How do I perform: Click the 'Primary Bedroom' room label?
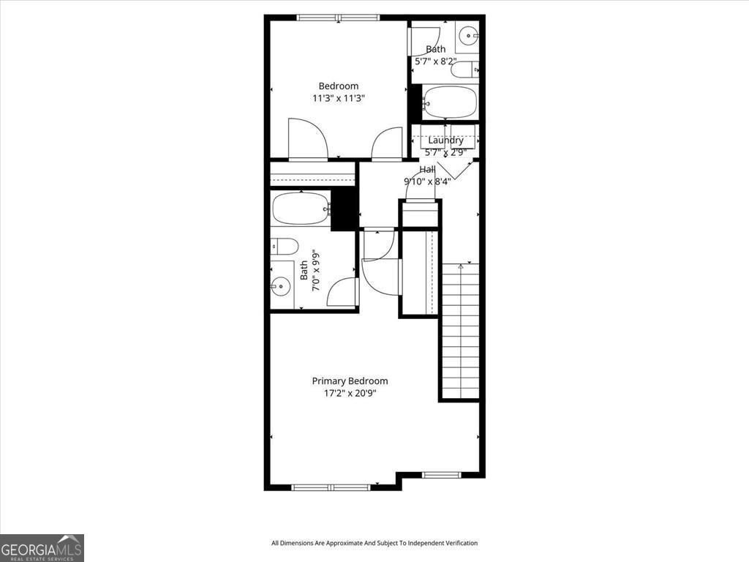tap(350, 381)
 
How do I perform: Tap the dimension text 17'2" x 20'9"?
tap(350, 393)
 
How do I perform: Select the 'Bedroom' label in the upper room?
tap(338, 86)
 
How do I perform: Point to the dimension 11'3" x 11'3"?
tap(338, 98)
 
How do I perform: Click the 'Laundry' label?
tap(445, 140)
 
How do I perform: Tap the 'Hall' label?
tap(427, 169)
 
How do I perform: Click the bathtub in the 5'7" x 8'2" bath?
tap(450, 102)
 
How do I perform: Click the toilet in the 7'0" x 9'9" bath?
tap(285, 246)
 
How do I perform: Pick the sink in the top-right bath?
tap(467, 33)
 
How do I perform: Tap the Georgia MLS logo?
tap(42, 547)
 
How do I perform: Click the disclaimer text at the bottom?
tap(374, 543)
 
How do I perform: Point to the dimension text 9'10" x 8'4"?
tap(427, 181)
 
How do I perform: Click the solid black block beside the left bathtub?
tap(344, 209)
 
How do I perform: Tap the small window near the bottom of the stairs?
tap(442, 475)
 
